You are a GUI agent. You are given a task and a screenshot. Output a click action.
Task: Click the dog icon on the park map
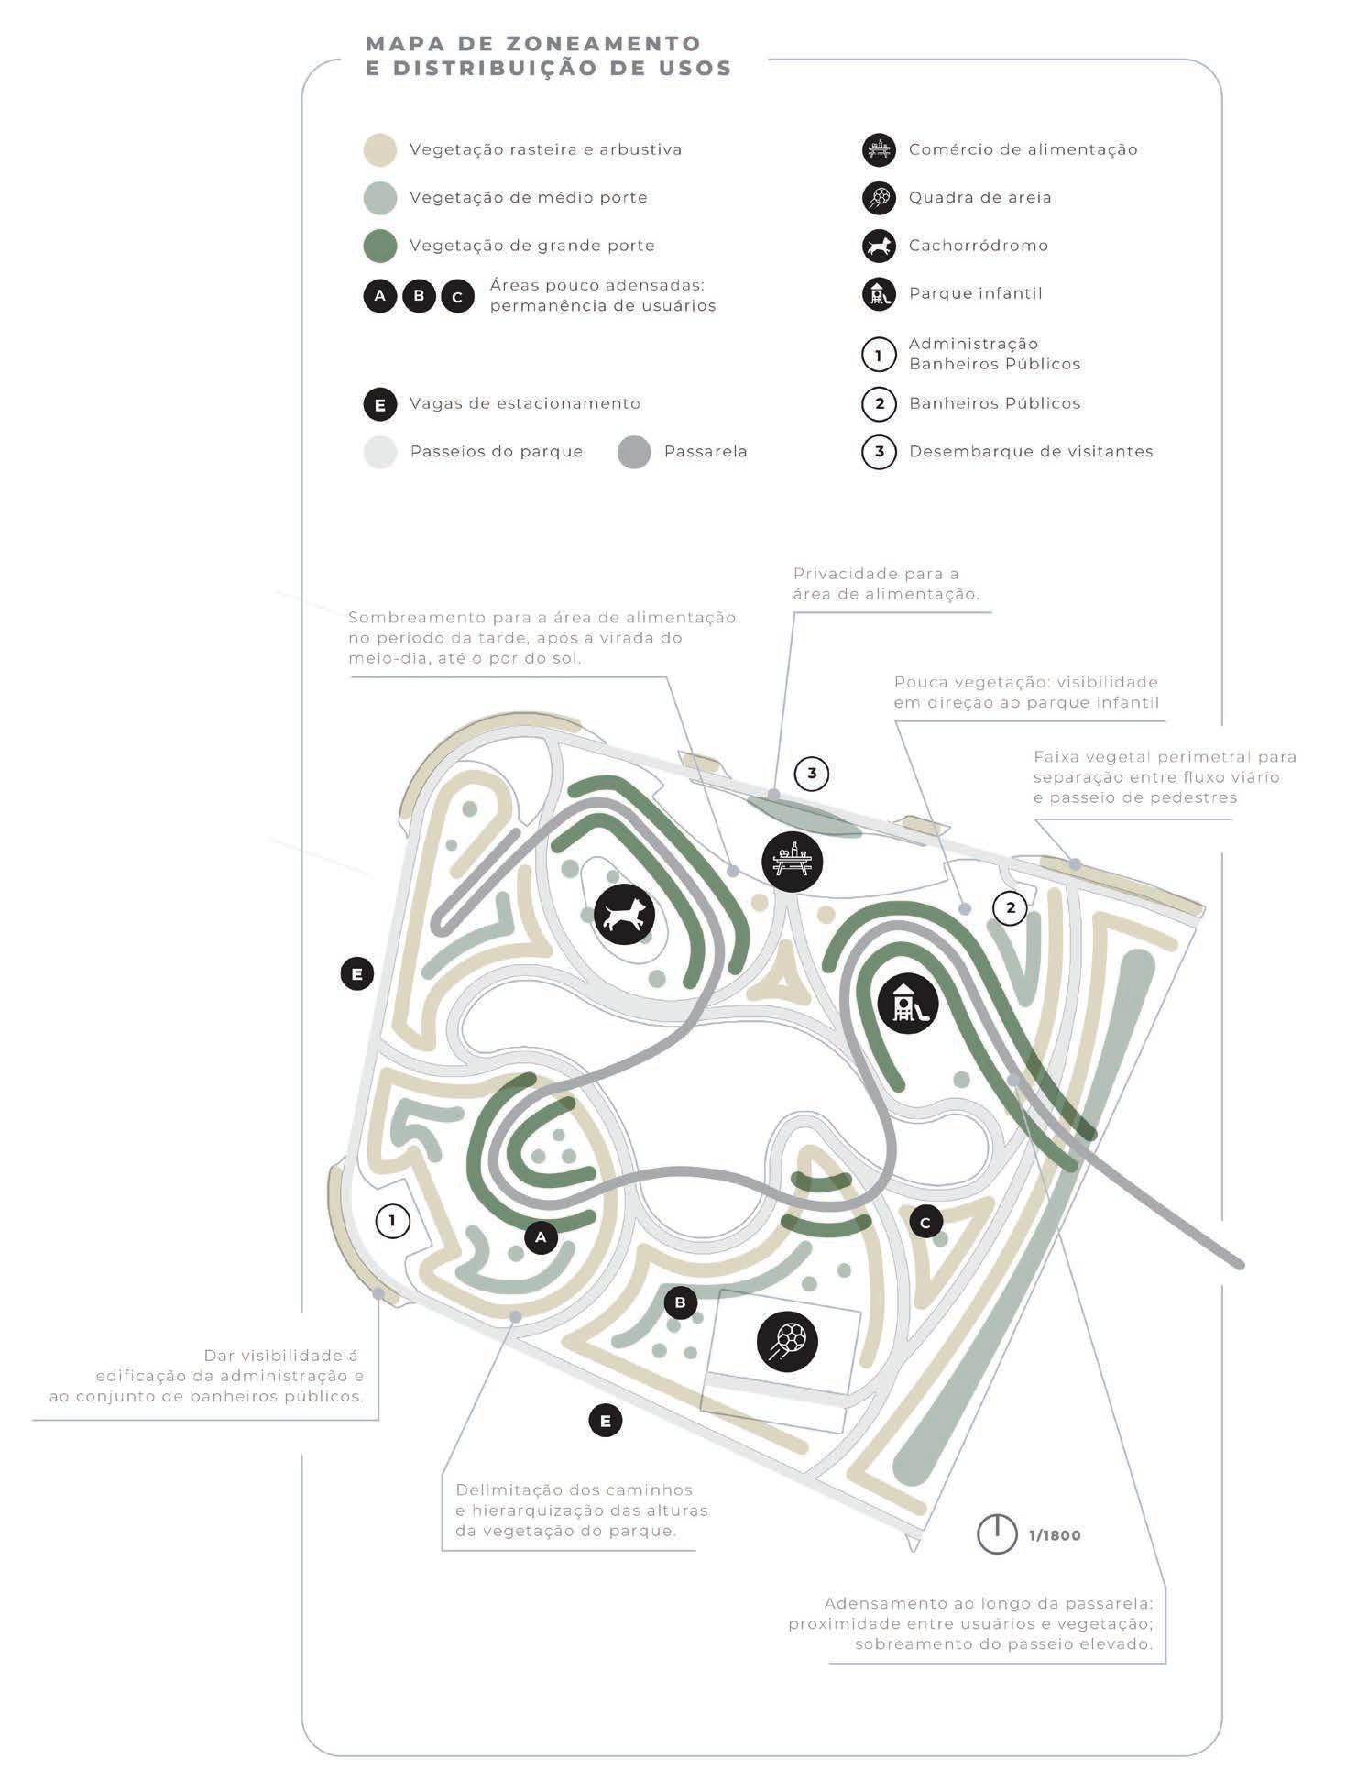[x=625, y=914]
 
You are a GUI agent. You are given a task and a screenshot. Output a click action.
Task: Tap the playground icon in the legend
[x=879, y=294]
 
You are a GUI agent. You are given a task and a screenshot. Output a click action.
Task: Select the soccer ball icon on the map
[x=787, y=1341]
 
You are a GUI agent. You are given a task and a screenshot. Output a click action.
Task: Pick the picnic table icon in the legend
[x=879, y=149]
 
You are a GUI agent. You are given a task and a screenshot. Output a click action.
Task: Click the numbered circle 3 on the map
[x=812, y=774]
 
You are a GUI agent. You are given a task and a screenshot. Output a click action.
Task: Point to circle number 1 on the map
[x=393, y=1221]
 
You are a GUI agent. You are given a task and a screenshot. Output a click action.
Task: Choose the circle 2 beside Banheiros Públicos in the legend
[x=879, y=403]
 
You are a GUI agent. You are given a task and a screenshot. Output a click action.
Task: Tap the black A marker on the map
[x=541, y=1237]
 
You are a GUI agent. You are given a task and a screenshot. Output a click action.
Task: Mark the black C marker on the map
[x=925, y=1222]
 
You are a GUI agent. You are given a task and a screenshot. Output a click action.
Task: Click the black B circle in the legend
[x=419, y=296]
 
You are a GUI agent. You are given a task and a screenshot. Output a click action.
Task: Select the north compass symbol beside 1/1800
[x=997, y=1534]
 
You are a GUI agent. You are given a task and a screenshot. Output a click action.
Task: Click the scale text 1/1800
[x=1055, y=1535]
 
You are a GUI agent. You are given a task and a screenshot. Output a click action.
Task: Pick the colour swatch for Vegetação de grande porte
[x=380, y=246]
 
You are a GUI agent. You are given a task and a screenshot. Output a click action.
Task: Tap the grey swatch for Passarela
[x=634, y=452]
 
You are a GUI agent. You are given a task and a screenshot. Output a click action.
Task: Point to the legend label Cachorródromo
[x=978, y=246]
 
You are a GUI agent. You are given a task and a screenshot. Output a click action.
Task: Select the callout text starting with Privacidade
[x=885, y=584]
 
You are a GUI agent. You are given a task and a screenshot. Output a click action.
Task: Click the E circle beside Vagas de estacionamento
[x=380, y=404]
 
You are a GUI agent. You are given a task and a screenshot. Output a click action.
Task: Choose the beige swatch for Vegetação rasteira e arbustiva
[x=380, y=149]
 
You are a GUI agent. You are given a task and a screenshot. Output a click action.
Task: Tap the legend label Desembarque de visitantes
[x=1031, y=452]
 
